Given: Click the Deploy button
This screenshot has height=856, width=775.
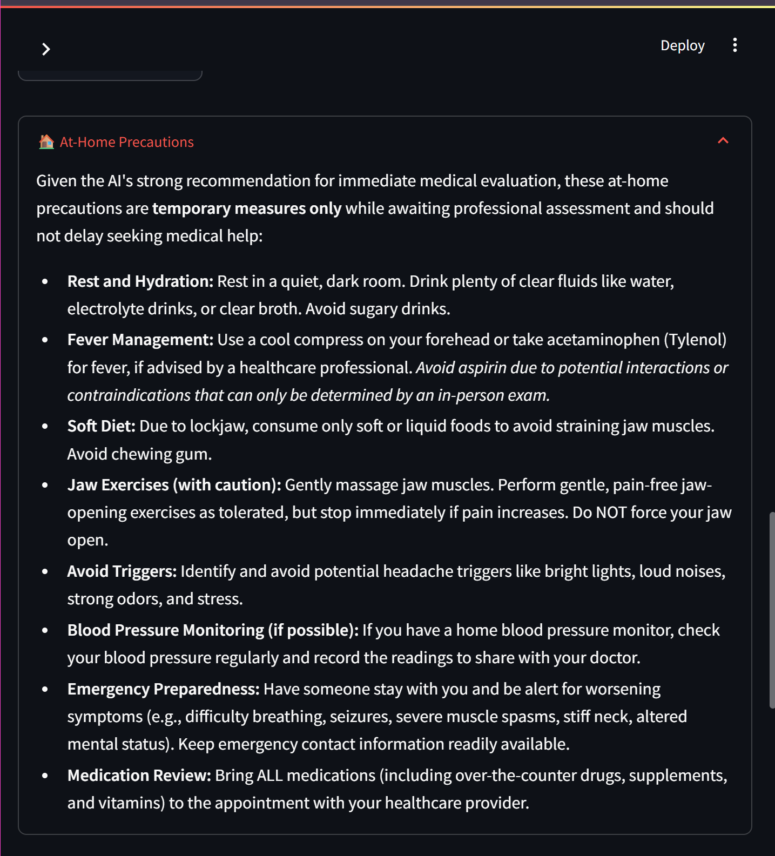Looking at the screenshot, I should click(682, 46).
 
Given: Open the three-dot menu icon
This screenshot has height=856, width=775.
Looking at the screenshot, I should click(734, 45).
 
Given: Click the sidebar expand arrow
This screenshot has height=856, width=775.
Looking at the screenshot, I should click(46, 50).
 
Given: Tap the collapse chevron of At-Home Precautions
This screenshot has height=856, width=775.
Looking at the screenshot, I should click(723, 141).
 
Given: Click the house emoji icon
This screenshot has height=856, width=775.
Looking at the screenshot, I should click(46, 142).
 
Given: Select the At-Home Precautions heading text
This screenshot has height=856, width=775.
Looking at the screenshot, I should click(126, 142).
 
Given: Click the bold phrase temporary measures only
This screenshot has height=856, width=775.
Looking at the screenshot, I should click(246, 208).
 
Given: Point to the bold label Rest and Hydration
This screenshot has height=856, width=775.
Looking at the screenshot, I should click(140, 281).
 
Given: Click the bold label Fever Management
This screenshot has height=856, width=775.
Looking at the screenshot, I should click(140, 340).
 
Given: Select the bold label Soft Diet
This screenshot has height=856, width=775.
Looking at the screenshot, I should click(101, 426).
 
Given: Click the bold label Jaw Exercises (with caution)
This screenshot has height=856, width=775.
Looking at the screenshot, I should click(174, 485).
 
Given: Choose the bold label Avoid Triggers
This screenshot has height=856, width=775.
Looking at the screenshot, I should click(122, 571).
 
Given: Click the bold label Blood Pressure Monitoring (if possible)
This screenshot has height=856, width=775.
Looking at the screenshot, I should click(213, 630).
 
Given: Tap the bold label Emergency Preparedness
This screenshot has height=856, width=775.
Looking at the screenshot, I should click(163, 689).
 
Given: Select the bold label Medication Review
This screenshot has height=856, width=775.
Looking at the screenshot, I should click(139, 776).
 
